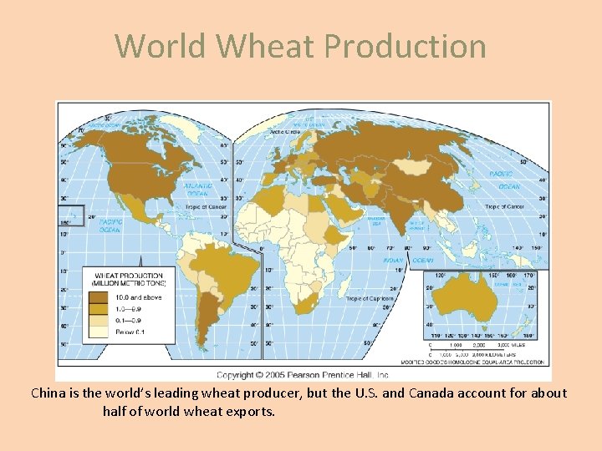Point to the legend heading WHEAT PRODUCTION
129,276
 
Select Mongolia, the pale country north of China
417,167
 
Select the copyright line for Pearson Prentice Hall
304,375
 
